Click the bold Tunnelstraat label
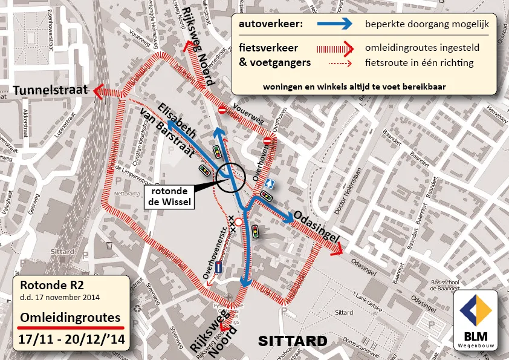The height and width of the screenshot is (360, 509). pyautogui.click(x=52, y=91)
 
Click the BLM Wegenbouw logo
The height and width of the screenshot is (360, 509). pyautogui.click(x=475, y=319)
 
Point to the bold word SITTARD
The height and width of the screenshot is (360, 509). pyautogui.click(x=293, y=341)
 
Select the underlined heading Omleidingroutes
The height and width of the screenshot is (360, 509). pyautogui.click(x=70, y=317)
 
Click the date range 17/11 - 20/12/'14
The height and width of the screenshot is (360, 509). pyautogui.click(x=71, y=339)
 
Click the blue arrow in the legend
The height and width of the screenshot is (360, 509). pyautogui.click(x=327, y=24)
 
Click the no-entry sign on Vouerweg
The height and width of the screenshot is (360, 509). pyautogui.click(x=222, y=110)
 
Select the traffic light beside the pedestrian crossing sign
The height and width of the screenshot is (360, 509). pyautogui.click(x=265, y=196)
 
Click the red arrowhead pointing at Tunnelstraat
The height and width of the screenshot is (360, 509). pyautogui.click(x=98, y=91)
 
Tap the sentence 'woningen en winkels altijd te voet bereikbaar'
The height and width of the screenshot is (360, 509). pyautogui.click(x=354, y=87)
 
